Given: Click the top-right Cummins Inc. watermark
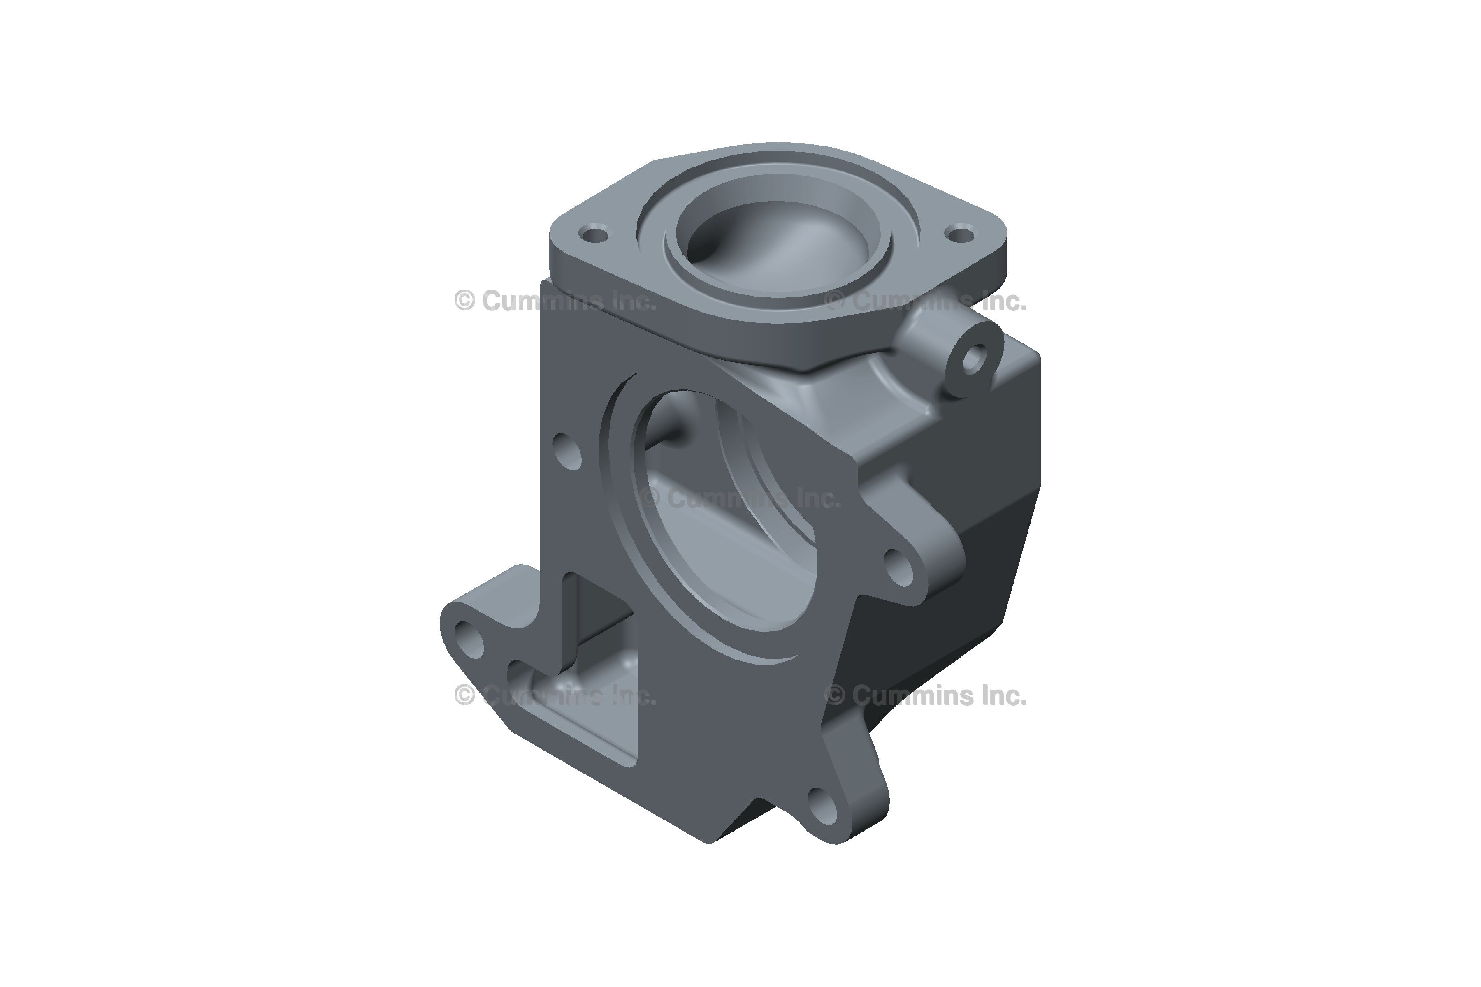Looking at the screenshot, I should pyautogui.click(x=926, y=301).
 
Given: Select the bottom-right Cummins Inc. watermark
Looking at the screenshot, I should pyautogui.click(x=926, y=695).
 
